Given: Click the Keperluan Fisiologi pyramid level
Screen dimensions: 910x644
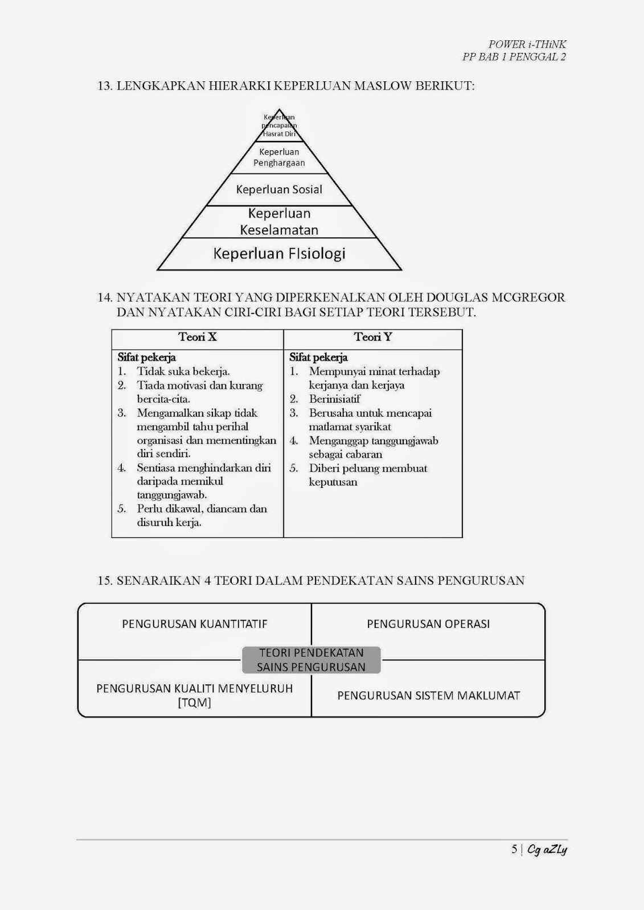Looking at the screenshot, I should coord(279,254).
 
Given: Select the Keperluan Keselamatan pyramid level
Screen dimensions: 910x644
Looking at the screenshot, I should coord(279,222).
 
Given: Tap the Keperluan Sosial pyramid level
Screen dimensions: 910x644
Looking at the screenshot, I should coord(279,190).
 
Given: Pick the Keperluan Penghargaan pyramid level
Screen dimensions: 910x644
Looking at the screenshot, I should coord(279,158).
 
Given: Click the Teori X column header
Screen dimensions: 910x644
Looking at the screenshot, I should coord(198,337).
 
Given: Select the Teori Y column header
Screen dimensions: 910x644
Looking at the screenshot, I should coord(373,337).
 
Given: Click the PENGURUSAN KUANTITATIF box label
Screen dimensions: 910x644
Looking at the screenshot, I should coord(195,624).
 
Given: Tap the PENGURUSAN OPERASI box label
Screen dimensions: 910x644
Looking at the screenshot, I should coord(428,624).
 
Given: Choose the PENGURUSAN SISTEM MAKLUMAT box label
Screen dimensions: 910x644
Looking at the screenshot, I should coord(428,696).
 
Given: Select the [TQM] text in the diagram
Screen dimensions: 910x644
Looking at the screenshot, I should coord(194,703).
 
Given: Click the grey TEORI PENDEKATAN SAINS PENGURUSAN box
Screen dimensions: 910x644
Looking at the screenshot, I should coord(311,660).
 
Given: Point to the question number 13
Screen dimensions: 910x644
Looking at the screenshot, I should coord(105,86).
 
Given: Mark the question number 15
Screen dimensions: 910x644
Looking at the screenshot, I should coord(105,581).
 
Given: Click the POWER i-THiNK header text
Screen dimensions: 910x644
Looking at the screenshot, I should coord(527,44).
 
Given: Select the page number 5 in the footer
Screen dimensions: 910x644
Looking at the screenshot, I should coord(514,850).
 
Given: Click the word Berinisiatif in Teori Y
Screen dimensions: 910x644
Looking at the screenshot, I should coord(334,399).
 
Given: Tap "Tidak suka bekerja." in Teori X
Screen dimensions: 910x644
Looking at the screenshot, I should coord(183,372).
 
